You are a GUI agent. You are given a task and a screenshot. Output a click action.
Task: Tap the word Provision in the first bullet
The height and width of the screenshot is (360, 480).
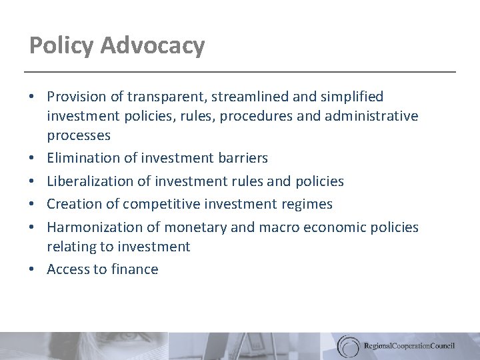click(x=79, y=97)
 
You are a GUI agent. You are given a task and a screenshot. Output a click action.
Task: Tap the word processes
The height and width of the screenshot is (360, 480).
click(x=79, y=135)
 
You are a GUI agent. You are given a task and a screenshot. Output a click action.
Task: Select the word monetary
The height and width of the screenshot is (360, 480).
click(x=193, y=227)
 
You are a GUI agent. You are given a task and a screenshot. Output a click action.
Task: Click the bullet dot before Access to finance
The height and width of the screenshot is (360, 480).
click(x=32, y=269)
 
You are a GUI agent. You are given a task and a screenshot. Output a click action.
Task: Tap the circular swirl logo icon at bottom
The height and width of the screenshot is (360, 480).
click(x=347, y=345)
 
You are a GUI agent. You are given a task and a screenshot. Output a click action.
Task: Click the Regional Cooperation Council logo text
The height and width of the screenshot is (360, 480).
click(x=410, y=346)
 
